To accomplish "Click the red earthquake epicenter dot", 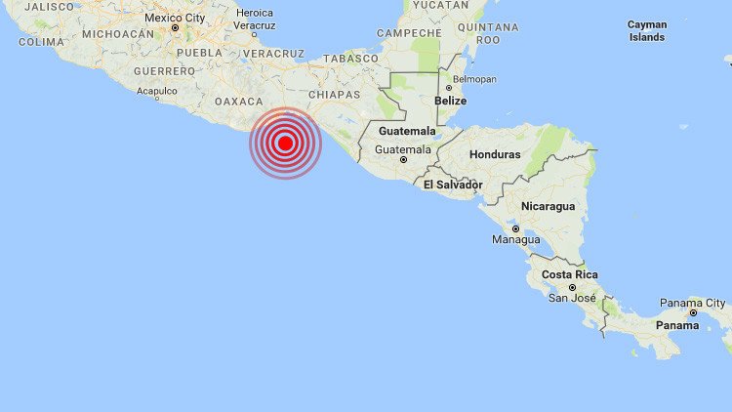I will click(285, 144).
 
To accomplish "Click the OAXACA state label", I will click(239, 101).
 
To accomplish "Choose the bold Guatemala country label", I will click(407, 131).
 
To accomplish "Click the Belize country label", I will click(451, 100).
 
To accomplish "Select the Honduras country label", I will click(495, 154).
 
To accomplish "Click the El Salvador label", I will click(453, 184).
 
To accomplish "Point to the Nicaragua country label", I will click(548, 206).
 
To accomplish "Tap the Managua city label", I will click(516, 239).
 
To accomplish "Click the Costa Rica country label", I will click(571, 274).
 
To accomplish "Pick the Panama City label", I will click(693, 303).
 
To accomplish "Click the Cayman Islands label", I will click(648, 30).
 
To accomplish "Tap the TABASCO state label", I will click(351, 59).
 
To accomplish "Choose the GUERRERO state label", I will click(165, 71).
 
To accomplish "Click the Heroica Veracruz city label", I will click(256, 19).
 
